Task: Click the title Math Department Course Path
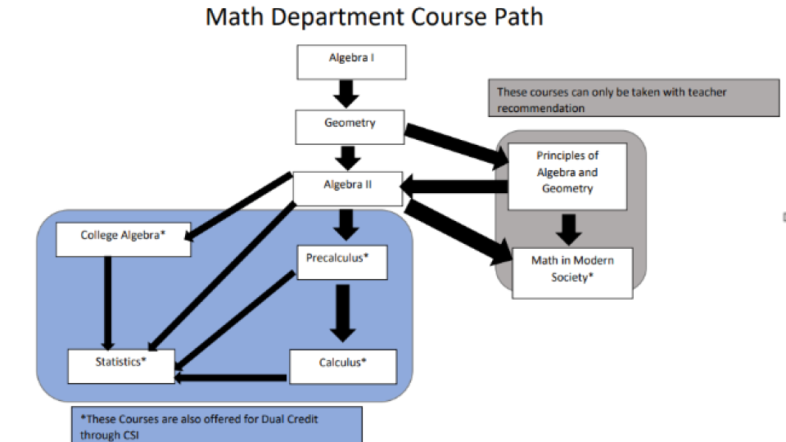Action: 374,17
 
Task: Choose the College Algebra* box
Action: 123,237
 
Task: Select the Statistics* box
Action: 120,365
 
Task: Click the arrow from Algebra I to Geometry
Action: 349,93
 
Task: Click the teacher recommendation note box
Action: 633,98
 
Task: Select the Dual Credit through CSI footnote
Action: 216,426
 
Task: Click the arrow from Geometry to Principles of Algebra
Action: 455,145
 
